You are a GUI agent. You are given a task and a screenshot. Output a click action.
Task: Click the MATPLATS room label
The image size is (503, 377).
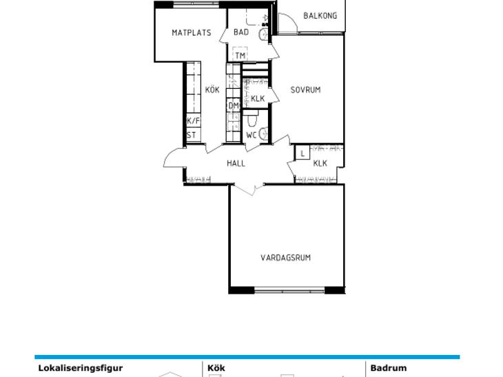coord(192,32)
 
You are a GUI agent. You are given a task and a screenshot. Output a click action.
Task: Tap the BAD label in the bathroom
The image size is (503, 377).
coord(241,32)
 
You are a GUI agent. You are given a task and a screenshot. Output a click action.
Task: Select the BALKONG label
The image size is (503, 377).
coord(320,16)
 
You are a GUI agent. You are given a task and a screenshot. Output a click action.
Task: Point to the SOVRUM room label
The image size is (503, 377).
coord(305,89)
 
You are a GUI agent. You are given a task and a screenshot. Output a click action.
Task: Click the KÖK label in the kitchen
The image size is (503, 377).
coord(212,89)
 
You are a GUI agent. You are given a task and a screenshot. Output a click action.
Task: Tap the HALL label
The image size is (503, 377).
coord(236,163)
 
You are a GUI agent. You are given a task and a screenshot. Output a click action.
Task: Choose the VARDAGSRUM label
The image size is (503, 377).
coord(285,257)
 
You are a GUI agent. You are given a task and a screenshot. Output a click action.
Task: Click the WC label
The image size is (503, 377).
coord(251,135)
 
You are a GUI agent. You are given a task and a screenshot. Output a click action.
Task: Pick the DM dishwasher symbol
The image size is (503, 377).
coord(234,105)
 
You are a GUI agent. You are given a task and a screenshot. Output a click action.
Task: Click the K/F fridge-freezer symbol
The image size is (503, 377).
coord(194,121)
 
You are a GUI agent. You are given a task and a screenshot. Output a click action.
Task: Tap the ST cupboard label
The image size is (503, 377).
coord(192,135)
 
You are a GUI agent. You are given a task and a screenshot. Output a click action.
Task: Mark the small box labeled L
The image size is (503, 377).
coord(302,153)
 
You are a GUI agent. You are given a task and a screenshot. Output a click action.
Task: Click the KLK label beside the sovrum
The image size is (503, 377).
coord(258,98)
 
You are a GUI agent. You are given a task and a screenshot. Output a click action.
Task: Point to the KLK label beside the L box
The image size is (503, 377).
coord(320,163)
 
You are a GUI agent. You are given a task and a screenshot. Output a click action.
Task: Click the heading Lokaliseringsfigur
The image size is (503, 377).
coord(81,368)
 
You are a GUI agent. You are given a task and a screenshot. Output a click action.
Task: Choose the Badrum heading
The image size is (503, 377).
coord(389,367)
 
